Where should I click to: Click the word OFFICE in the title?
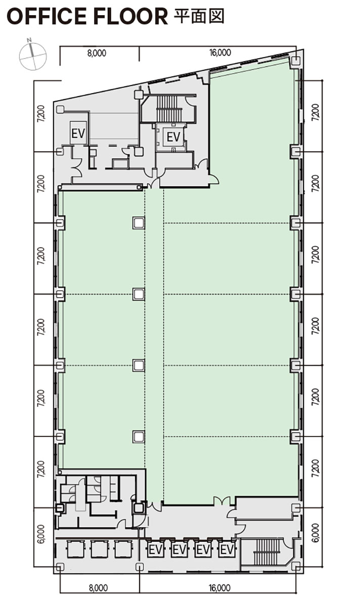tap(48, 17)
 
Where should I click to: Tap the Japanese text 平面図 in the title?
tap(199, 16)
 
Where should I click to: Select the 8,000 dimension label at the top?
tap(96, 53)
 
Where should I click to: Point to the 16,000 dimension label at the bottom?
tap(219, 588)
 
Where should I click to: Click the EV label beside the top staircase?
tap(173, 137)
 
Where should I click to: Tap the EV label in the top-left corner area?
tap(78, 134)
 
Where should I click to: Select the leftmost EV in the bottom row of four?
tap(155, 549)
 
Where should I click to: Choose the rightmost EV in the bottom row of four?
tap(227, 549)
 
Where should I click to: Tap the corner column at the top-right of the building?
tap(295, 61)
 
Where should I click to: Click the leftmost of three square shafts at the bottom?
tap(74, 549)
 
